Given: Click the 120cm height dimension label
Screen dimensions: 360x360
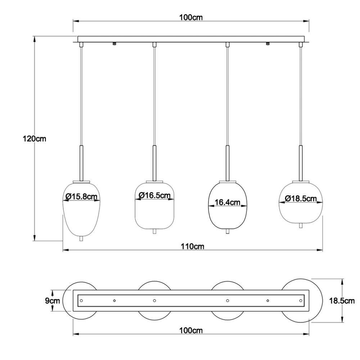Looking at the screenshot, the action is tap(35, 139).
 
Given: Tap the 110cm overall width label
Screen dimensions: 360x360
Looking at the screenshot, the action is tap(192, 246).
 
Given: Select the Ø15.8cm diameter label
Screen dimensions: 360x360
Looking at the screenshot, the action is tap(81, 197).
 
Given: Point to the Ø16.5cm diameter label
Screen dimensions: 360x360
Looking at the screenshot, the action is tap(154, 195).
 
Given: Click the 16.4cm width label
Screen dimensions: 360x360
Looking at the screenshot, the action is tap(227, 202).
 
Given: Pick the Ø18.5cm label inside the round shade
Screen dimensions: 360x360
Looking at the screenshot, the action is tap(301, 198).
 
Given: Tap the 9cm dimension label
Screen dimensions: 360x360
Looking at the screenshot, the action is tap(53, 301).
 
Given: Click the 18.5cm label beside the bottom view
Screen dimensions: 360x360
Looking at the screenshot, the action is tap(342, 301).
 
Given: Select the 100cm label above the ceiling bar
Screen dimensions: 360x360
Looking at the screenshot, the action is tap(191, 17).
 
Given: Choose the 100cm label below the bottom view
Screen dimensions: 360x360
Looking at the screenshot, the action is tap(191, 330).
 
